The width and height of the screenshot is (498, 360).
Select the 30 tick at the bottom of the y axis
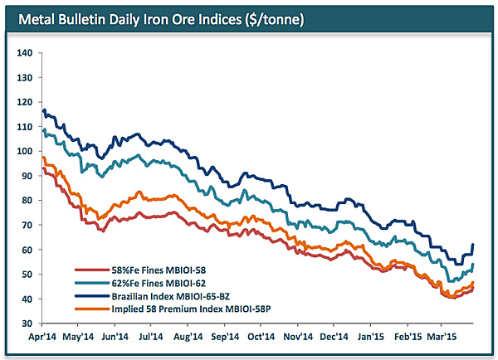click(x=26, y=323)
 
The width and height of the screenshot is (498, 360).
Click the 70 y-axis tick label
click(x=26, y=225)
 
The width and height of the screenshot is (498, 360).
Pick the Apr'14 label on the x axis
click(x=41, y=338)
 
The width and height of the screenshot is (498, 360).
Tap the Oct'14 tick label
click(x=261, y=338)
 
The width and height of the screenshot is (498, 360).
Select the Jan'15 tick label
click(x=371, y=338)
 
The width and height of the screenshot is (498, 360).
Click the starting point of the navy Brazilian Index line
click(x=42, y=109)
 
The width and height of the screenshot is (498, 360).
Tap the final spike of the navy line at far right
click(x=473, y=245)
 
